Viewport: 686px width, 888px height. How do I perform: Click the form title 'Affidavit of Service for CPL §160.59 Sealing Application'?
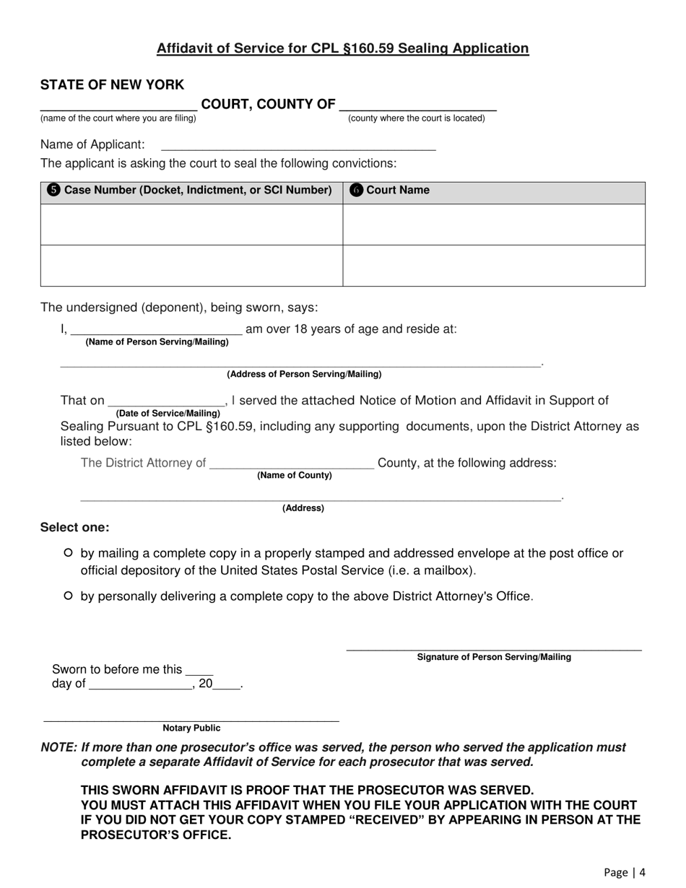(343, 48)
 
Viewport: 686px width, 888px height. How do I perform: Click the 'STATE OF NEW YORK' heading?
(112, 85)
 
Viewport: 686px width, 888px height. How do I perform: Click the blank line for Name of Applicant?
(298, 146)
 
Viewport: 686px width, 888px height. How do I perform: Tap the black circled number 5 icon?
(53, 191)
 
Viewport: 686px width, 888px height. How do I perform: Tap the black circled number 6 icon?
(356, 191)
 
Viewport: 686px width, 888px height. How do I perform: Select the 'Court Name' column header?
(398, 191)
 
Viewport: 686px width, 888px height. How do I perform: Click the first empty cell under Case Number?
(191, 225)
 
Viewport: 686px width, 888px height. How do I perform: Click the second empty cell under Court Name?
(494, 266)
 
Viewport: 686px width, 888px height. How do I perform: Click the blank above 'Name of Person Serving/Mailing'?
(156, 331)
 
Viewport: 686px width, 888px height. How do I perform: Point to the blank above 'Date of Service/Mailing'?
(167, 402)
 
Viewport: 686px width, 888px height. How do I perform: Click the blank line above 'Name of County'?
(292, 464)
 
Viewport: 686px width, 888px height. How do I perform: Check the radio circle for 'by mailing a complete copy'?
(69, 554)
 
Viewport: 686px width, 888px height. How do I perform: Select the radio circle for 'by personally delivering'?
(69, 596)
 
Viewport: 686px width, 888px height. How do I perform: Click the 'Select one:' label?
(75, 528)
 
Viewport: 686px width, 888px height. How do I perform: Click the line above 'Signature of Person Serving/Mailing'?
(494, 648)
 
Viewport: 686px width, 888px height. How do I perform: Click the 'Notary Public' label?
(191, 728)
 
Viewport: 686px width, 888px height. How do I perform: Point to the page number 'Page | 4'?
(625, 872)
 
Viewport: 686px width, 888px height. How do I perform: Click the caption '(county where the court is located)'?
(417, 118)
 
